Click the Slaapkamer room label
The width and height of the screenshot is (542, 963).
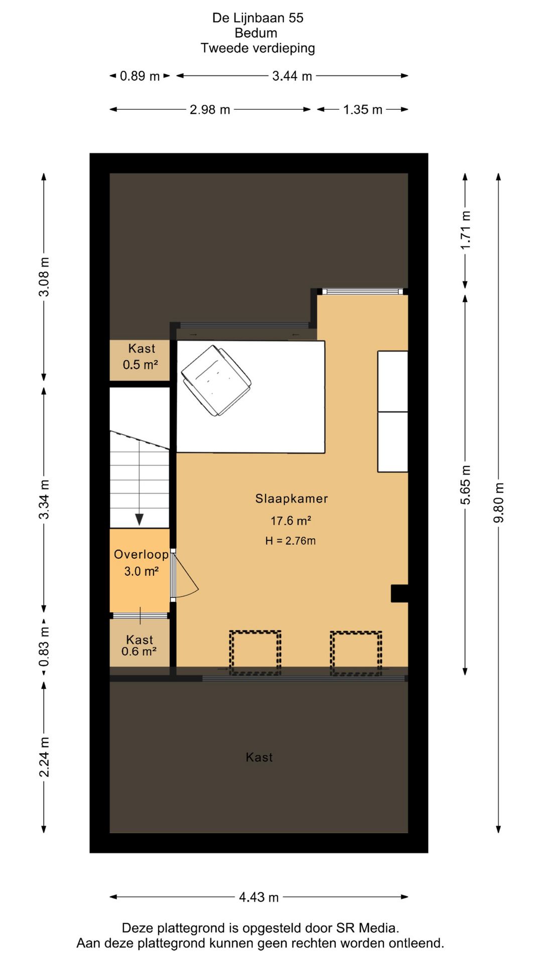pyautogui.click(x=291, y=499)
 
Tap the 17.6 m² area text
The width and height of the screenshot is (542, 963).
pyautogui.click(x=291, y=521)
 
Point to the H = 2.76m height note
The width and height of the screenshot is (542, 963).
pyautogui.click(x=291, y=541)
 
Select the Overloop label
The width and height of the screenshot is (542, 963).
pyautogui.click(x=141, y=554)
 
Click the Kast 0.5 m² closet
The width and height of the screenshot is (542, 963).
pyautogui.click(x=140, y=360)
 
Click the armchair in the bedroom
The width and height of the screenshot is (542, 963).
pyautogui.click(x=216, y=380)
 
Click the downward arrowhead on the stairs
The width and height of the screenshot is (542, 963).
pyautogui.click(x=140, y=520)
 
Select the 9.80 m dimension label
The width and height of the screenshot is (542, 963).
pyautogui.click(x=498, y=503)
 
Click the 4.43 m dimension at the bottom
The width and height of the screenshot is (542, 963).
pyautogui.click(x=258, y=897)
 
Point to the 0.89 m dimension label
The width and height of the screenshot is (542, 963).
pyautogui.click(x=140, y=76)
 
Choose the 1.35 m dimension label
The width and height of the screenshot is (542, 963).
pyautogui.click(x=363, y=109)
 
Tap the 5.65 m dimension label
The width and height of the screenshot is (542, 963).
pyautogui.click(x=465, y=485)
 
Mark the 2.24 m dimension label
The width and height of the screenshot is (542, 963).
pyautogui.click(x=44, y=757)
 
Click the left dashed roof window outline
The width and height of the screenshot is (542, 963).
pyautogui.click(x=255, y=652)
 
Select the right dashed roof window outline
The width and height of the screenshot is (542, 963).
pyautogui.click(x=356, y=652)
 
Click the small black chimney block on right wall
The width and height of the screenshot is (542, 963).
pyautogui.click(x=399, y=593)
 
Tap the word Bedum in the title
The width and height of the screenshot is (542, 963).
pyautogui.click(x=256, y=33)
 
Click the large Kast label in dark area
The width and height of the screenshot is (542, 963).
pyautogui.click(x=259, y=757)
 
